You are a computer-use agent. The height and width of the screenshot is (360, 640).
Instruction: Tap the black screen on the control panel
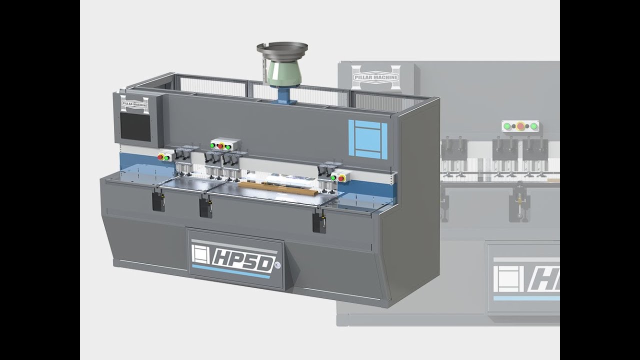point(135,126)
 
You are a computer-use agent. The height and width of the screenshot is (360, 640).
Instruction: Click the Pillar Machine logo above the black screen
point(134,104)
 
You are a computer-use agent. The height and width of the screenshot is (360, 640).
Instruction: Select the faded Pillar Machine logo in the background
point(375,77)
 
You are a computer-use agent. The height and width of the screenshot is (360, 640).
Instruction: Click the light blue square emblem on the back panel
point(367,139)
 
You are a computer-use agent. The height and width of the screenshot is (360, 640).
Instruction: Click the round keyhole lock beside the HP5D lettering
point(277,264)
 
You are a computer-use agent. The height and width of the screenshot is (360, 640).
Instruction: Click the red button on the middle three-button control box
point(220,146)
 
